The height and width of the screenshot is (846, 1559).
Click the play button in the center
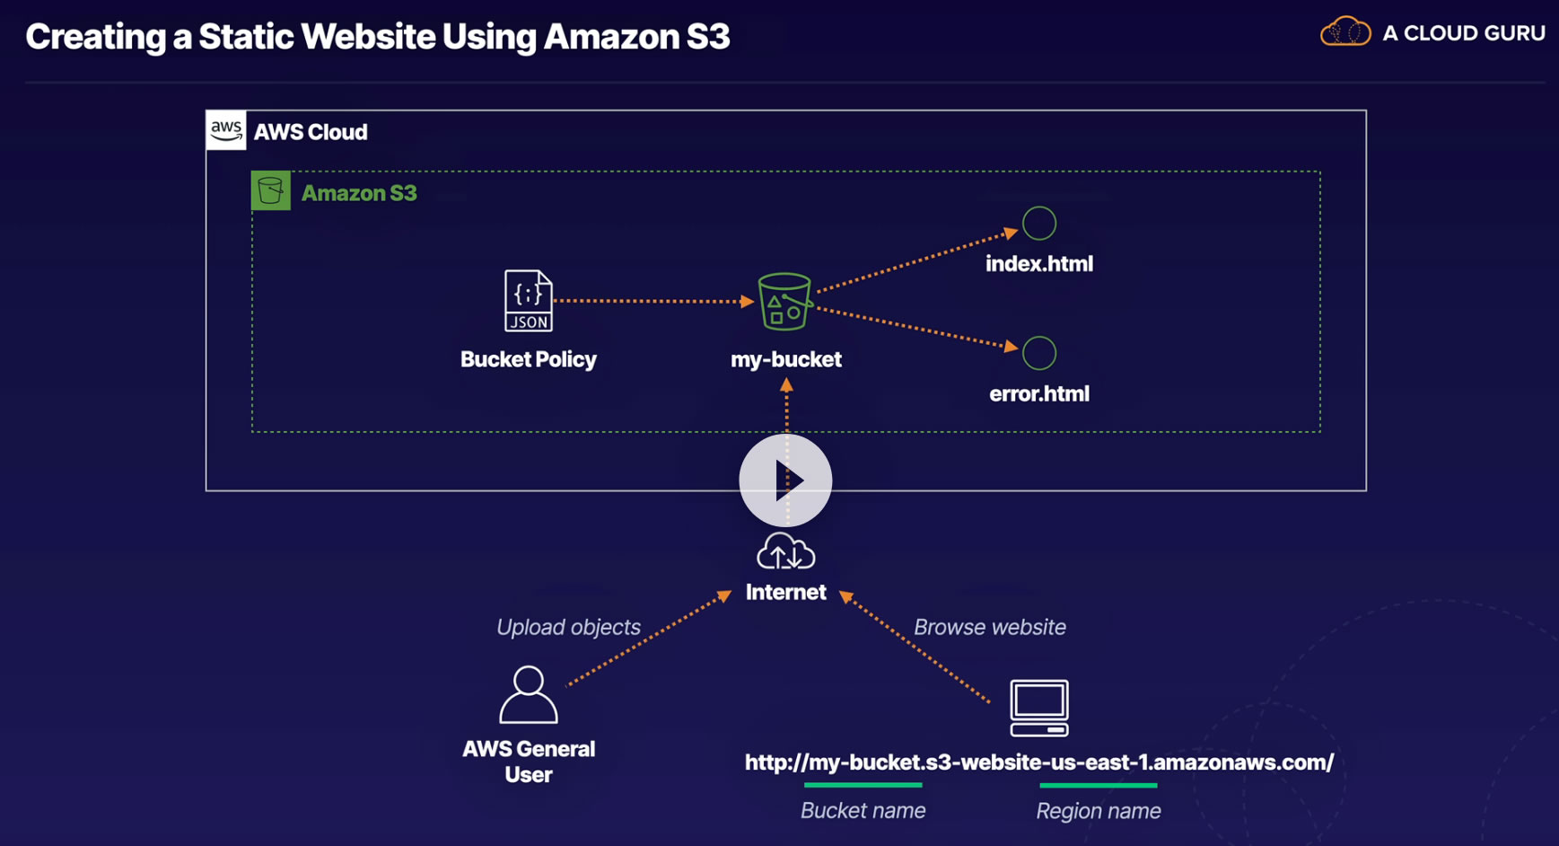coord(785,480)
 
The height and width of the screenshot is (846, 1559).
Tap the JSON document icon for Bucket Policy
coord(528,301)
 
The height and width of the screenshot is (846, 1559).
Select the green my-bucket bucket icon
coord(784,301)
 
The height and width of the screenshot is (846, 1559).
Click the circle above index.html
coord(1039,224)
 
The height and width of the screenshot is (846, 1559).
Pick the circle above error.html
coord(1039,353)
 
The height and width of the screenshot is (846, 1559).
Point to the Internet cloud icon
coord(785,551)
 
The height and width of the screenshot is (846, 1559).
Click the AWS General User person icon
coord(529,694)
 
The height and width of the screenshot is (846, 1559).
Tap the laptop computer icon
coord(1039,708)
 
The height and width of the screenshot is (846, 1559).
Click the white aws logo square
coord(226,130)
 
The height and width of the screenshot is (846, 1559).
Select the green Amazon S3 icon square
coord(271,190)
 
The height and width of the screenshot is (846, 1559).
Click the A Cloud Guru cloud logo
coord(1345,32)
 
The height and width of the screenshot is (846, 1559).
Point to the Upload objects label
coord(568,627)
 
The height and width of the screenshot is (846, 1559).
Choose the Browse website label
coord(990,627)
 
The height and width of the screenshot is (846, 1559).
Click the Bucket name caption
coord(863,811)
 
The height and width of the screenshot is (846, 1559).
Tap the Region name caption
coord(1099,811)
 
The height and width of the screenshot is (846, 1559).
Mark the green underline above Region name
coord(1099,786)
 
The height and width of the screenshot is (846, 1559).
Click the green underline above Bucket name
coord(863,785)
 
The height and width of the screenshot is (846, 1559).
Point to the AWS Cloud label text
coord(311,132)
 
